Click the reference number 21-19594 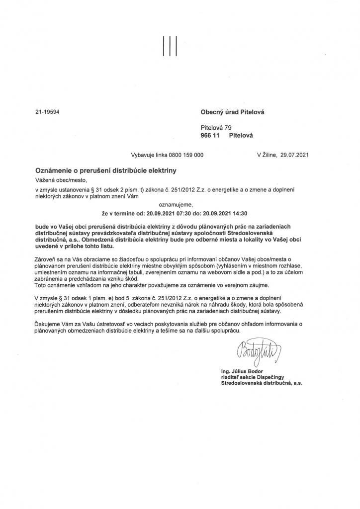tap(47, 112)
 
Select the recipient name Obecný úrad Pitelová tap(232, 112)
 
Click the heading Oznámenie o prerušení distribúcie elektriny tap(106, 170)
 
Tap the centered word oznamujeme tap(175, 204)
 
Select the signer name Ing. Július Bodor tap(243, 372)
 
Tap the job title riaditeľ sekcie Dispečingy tap(253, 378)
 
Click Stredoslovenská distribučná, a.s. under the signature tap(262, 384)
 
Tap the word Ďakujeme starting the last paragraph tap(48, 324)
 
